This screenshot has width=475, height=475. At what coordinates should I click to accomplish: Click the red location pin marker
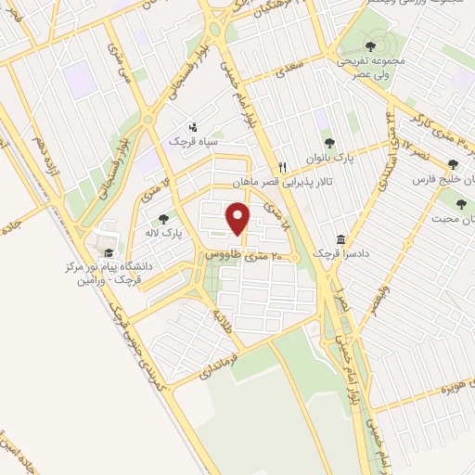pos(239,220)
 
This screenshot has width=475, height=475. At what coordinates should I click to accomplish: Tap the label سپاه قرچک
pos(191,141)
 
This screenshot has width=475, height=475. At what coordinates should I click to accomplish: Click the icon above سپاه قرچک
pos(192,126)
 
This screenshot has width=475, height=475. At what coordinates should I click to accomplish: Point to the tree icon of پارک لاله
pos(164,219)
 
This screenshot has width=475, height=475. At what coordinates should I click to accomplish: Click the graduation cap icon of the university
pos(109,253)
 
